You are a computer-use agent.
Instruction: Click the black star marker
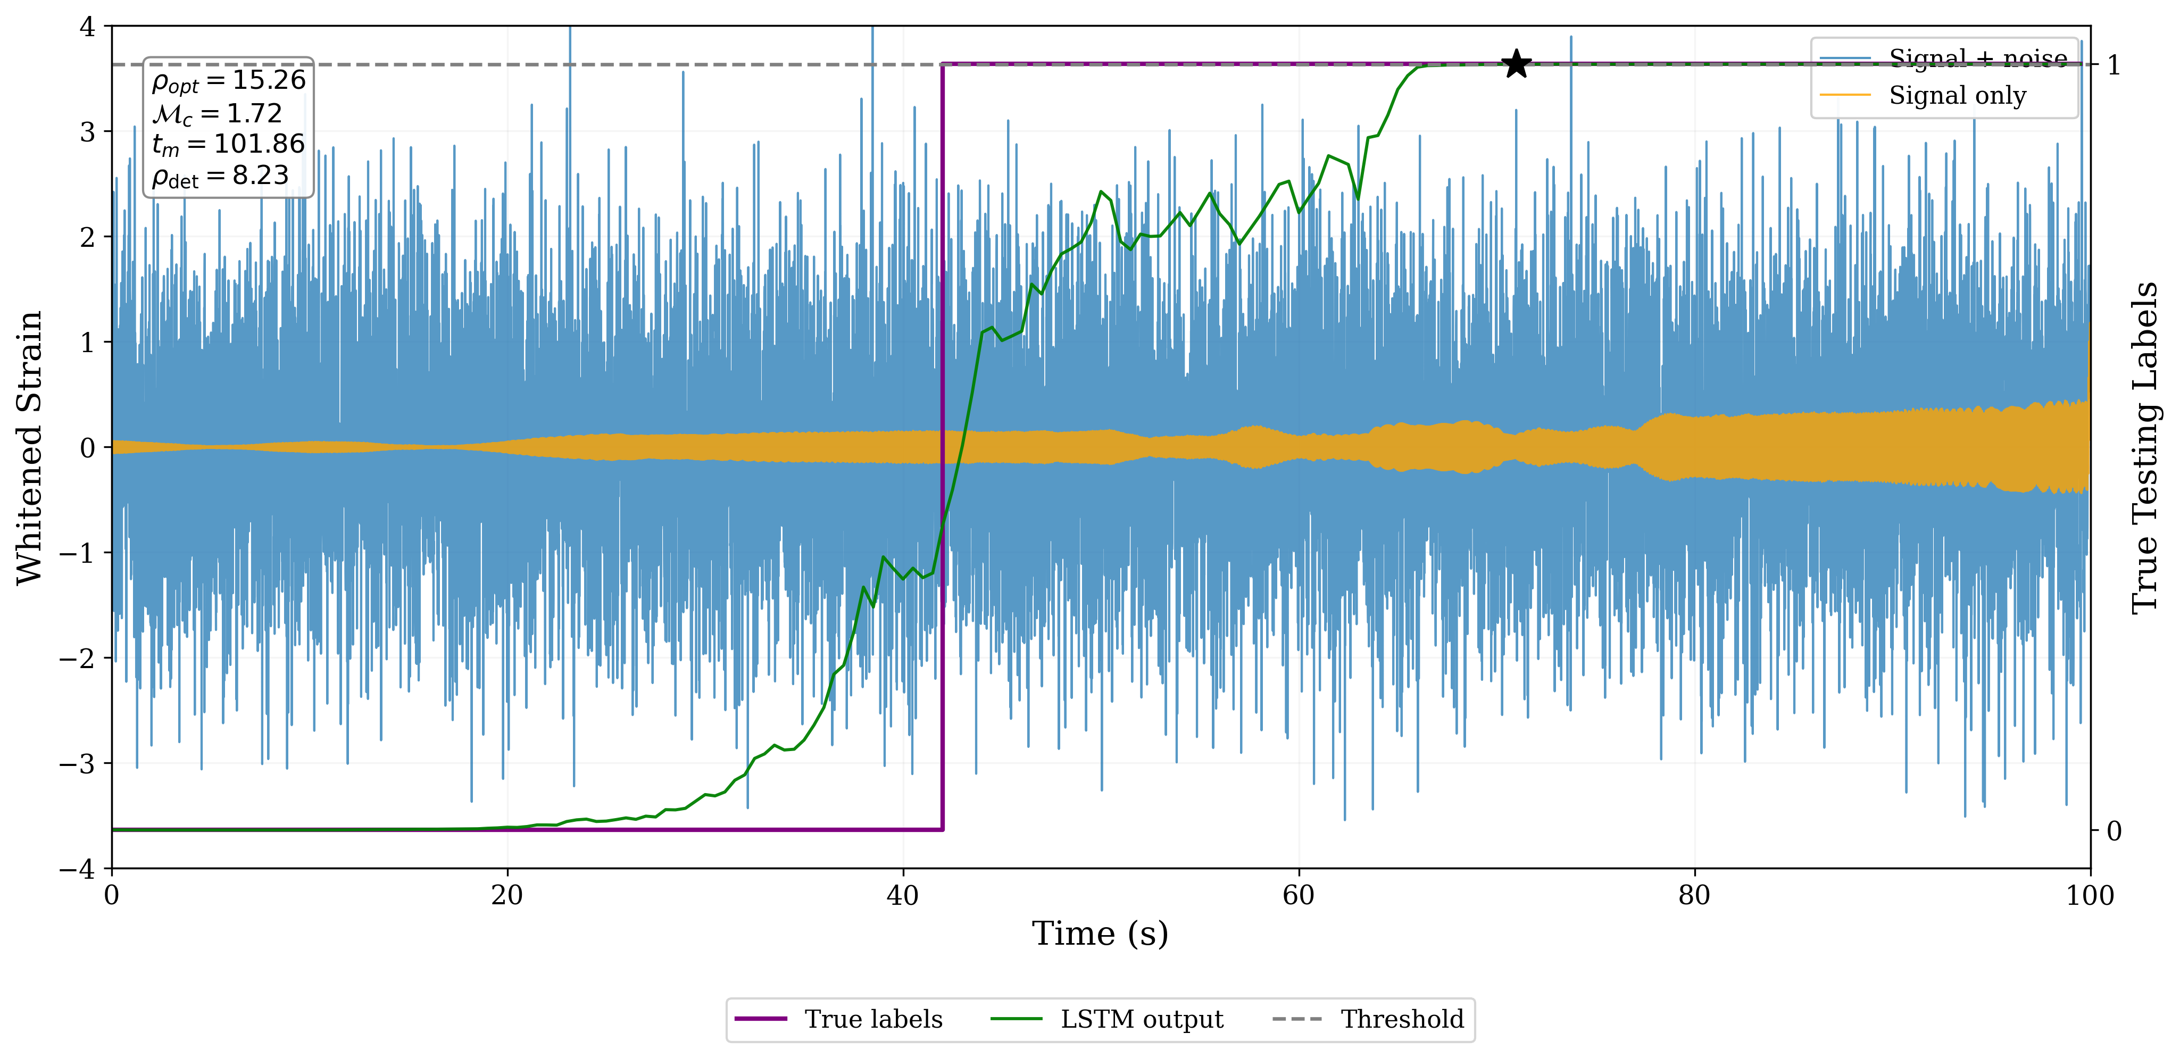(1516, 64)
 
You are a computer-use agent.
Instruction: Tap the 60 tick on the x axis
(1298, 895)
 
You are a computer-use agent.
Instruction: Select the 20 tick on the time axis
(507, 895)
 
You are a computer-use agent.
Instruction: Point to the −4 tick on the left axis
(77, 869)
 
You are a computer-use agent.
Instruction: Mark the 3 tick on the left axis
(87, 132)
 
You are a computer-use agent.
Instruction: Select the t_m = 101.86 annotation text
(229, 145)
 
